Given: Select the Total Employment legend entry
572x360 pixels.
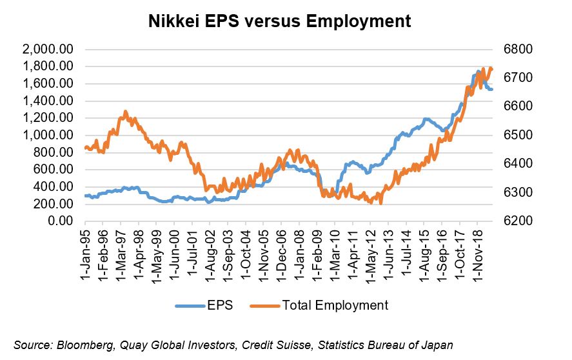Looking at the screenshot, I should (x=335, y=305).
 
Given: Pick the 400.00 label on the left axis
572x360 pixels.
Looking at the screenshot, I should (x=59, y=187).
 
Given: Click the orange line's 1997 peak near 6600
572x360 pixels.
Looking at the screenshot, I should (x=124, y=112).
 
